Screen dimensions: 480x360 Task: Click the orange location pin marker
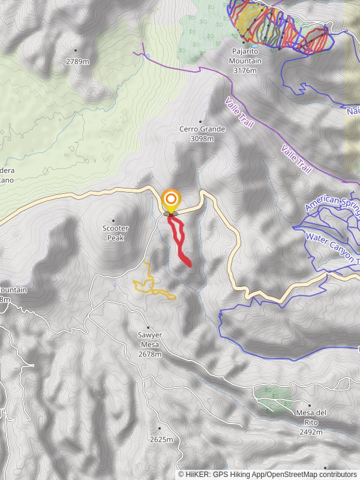pos(171,200)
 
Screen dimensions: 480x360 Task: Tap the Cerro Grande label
pos(202,129)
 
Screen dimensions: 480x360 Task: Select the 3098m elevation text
pos(202,139)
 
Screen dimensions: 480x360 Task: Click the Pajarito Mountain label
pos(244,61)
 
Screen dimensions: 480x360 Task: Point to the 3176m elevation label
pos(245,71)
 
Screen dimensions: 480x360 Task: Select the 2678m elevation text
pos(150,354)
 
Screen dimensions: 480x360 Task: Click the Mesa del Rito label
pos(311,413)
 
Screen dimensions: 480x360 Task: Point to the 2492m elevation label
pos(311,422)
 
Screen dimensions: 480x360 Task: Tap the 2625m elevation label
pos(161,439)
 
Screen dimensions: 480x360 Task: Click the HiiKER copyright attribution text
pos(267,474)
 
